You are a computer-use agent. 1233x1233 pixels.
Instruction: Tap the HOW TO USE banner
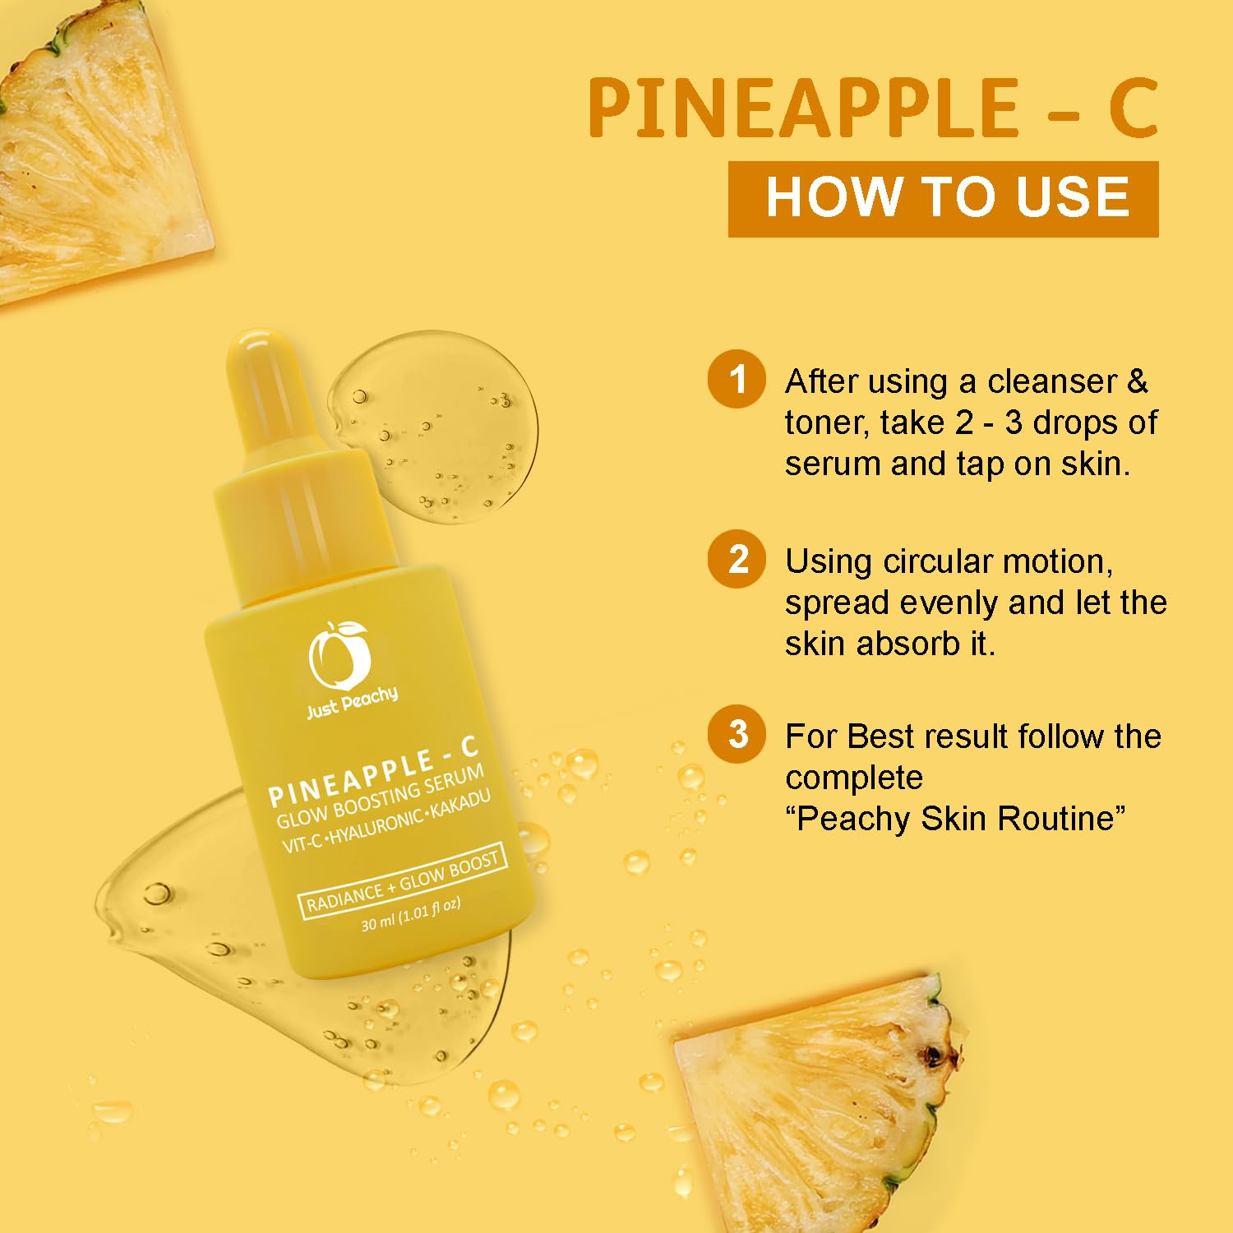pos(943,199)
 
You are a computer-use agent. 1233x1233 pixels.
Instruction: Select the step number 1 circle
pos(737,379)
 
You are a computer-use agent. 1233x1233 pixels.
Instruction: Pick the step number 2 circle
pos(737,559)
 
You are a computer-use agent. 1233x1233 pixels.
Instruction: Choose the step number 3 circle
pos(737,734)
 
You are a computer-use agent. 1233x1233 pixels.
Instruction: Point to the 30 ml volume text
pos(411,914)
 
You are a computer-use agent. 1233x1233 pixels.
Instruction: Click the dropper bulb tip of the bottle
pos(251,344)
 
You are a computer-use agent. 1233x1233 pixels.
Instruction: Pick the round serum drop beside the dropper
pos(433,427)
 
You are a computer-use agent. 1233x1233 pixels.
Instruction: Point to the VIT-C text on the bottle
pos(303,842)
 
